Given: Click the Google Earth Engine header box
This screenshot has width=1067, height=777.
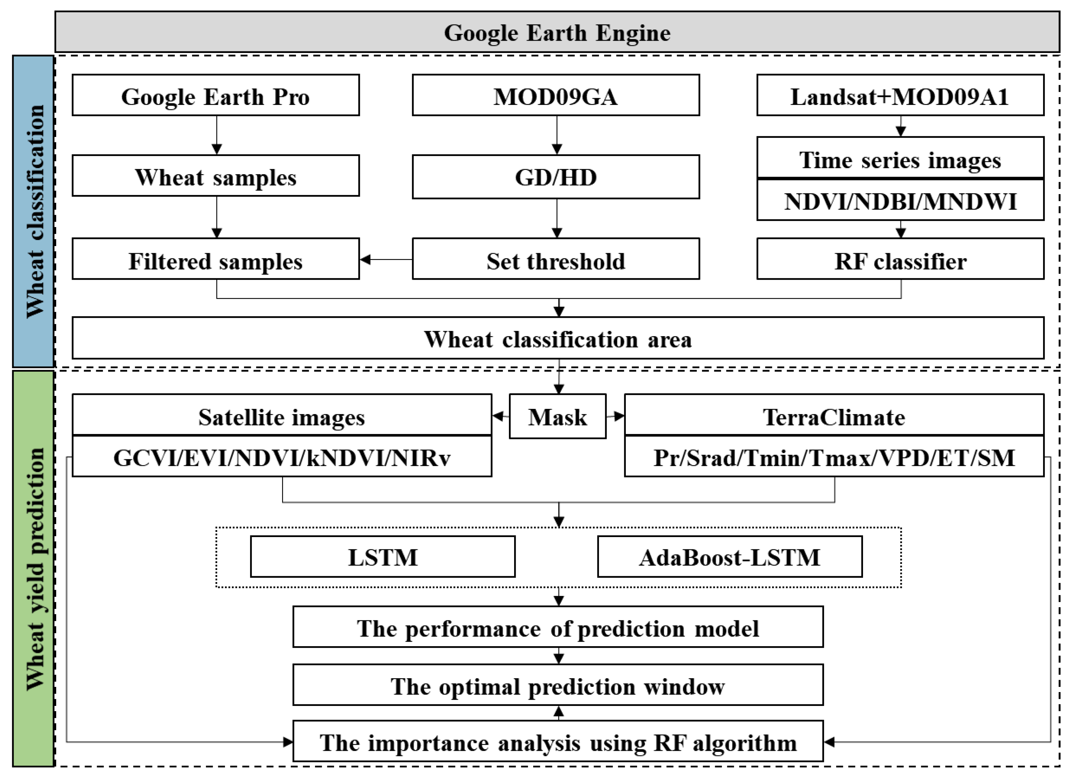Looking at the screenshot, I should click(557, 32).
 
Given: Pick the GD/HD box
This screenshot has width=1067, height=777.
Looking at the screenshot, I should click(556, 177).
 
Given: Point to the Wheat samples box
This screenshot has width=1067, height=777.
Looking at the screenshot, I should click(216, 176).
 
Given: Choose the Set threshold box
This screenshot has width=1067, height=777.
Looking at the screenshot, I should click(556, 259).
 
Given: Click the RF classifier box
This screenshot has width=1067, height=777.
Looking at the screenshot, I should click(900, 259).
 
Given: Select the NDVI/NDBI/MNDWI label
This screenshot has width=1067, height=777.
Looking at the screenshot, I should click(900, 201).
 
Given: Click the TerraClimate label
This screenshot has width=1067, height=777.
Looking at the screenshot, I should click(834, 416).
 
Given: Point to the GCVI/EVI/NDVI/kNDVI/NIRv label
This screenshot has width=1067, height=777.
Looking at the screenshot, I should click(282, 457).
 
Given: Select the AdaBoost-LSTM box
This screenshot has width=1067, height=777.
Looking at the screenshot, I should click(730, 557).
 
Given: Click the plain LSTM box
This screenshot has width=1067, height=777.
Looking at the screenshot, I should click(382, 557).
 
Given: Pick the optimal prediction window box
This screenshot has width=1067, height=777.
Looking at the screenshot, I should click(557, 686).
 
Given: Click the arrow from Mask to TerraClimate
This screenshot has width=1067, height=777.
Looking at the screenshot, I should click(615, 416).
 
